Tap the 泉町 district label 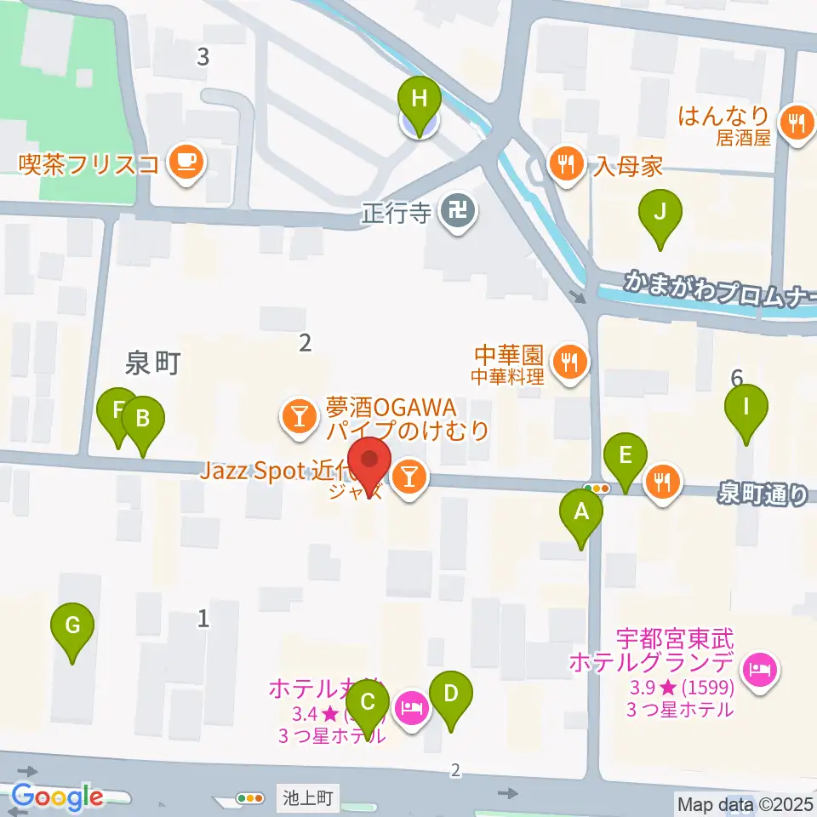pos(152,364)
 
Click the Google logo pos(58,797)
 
